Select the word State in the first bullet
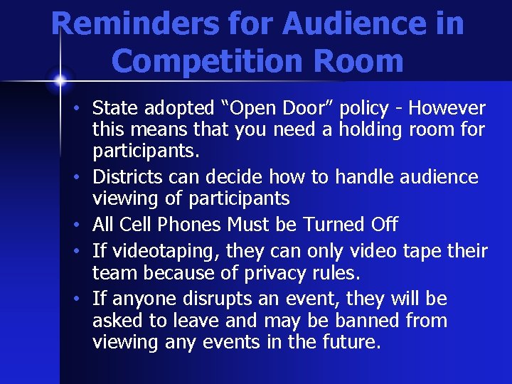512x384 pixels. coord(115,108)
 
